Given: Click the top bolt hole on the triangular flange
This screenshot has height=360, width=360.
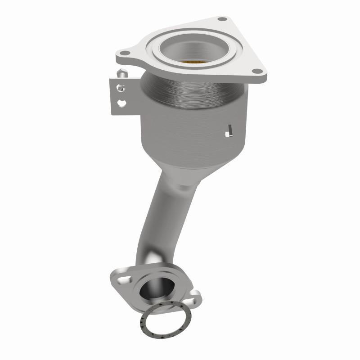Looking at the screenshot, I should tap(221, 19).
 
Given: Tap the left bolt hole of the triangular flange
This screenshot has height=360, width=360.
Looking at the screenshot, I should tap(126, 54).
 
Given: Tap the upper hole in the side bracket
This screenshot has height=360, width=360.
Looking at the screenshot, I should tap(121, 87).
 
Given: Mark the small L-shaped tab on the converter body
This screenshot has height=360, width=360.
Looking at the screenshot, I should tap(229, 130).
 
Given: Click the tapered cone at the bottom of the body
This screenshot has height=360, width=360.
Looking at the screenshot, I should tap(189, 166).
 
